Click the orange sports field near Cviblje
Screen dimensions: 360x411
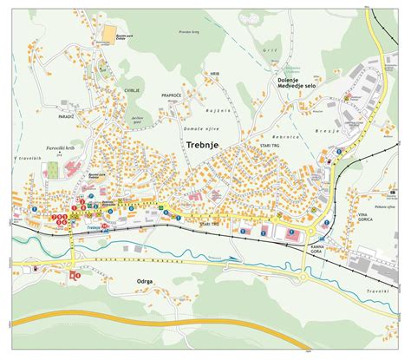coord(108,34)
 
